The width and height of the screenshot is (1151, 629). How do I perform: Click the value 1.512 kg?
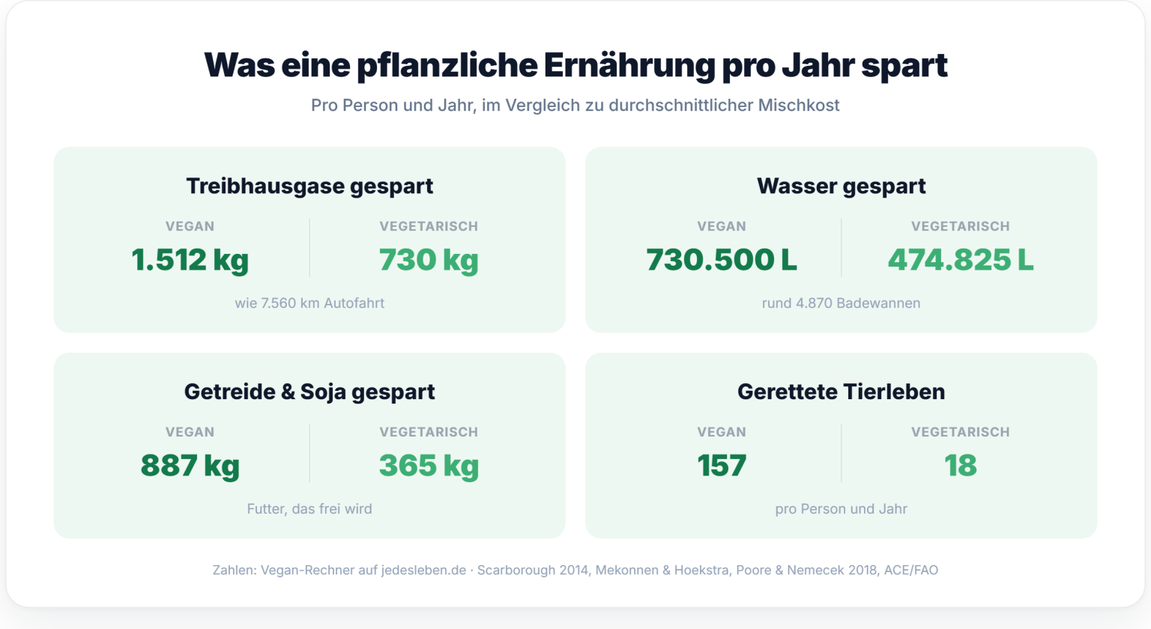click(x=190, y=259)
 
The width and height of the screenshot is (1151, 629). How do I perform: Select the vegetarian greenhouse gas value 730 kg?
click(x=429, y=261)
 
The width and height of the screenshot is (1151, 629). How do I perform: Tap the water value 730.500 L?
click(x=722, y=259)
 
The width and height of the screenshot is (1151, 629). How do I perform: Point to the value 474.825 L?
click(x=961, y=259)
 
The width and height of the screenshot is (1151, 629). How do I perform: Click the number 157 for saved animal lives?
click(x=722, y=465)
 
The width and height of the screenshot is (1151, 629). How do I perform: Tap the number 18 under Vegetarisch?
click(x=961, y=465)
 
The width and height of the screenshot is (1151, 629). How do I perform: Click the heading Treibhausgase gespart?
click(x=309, y=186)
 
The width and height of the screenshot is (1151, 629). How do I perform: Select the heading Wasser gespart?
click(x=842, y=186)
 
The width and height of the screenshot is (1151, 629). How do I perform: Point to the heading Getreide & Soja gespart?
click(x=309, y=392)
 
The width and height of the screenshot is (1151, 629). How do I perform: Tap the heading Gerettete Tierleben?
click(x=842, y=392)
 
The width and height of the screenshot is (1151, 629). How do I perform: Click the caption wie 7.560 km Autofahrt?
click(x=309, y=303)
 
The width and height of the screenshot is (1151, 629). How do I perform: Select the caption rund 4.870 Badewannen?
click(x=842, y=303)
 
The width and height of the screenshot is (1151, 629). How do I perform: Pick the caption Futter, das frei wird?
click(x=309, y=509)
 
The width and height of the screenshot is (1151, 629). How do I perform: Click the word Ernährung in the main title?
click(x=629, y=66)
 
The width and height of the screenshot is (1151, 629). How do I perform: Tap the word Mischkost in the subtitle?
click(x=799, y=106)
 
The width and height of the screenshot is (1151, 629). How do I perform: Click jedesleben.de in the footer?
click(x=423, y=570)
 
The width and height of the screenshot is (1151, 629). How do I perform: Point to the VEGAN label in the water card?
click(x=722, y=226)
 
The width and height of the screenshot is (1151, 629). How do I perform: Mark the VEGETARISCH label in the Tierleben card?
click(x=961, y=432)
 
